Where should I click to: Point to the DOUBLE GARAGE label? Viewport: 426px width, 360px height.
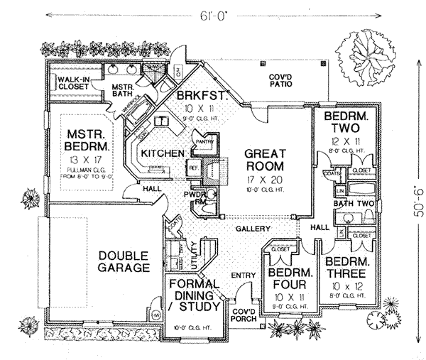click(124, 262)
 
